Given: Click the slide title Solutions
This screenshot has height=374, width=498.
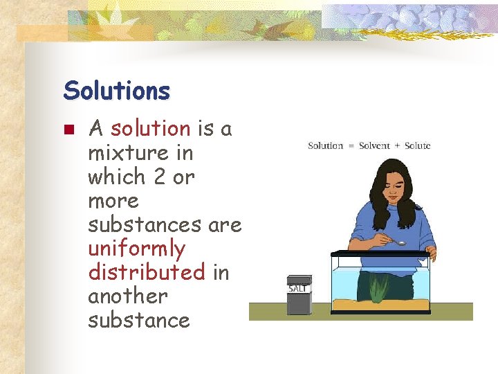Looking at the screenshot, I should [116, 90].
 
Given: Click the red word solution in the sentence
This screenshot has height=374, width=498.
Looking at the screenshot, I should [150, 129].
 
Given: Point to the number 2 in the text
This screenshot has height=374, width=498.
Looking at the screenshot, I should [159, 177].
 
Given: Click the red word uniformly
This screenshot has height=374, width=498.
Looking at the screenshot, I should [137, 248].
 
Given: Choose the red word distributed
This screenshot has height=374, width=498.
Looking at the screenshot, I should [147, 271].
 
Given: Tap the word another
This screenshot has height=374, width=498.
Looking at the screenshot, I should [128, 296].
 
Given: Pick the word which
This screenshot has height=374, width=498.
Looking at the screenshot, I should [116, 177].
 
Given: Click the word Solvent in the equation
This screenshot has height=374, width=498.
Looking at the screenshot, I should [374, 145].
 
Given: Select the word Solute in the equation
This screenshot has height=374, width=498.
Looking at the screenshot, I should [417, 145].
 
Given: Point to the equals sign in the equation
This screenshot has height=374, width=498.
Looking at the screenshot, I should [351, 146].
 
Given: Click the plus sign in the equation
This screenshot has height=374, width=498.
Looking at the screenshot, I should [397, 146].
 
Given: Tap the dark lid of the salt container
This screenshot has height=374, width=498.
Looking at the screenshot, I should [299, 279].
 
